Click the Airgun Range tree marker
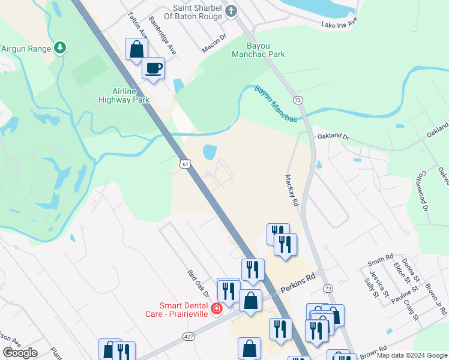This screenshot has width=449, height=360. (60, 48)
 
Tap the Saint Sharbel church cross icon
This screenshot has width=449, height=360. (230, 11)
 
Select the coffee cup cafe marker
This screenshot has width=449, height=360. (153, 67)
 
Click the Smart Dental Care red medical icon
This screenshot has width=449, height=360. (217, 309)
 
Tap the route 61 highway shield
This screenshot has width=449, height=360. (185, 163)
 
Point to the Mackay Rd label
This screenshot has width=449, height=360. (292, 191)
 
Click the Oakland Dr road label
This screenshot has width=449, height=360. (333, 137)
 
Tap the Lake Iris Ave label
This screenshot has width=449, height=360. (339, 23)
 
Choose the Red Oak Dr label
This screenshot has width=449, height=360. (197, 284)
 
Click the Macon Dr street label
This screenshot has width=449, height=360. (214, 37)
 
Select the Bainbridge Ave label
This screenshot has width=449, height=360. (162, 36)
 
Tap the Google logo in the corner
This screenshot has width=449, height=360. (20, 352)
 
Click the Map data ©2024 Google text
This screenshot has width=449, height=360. (412, 356)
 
